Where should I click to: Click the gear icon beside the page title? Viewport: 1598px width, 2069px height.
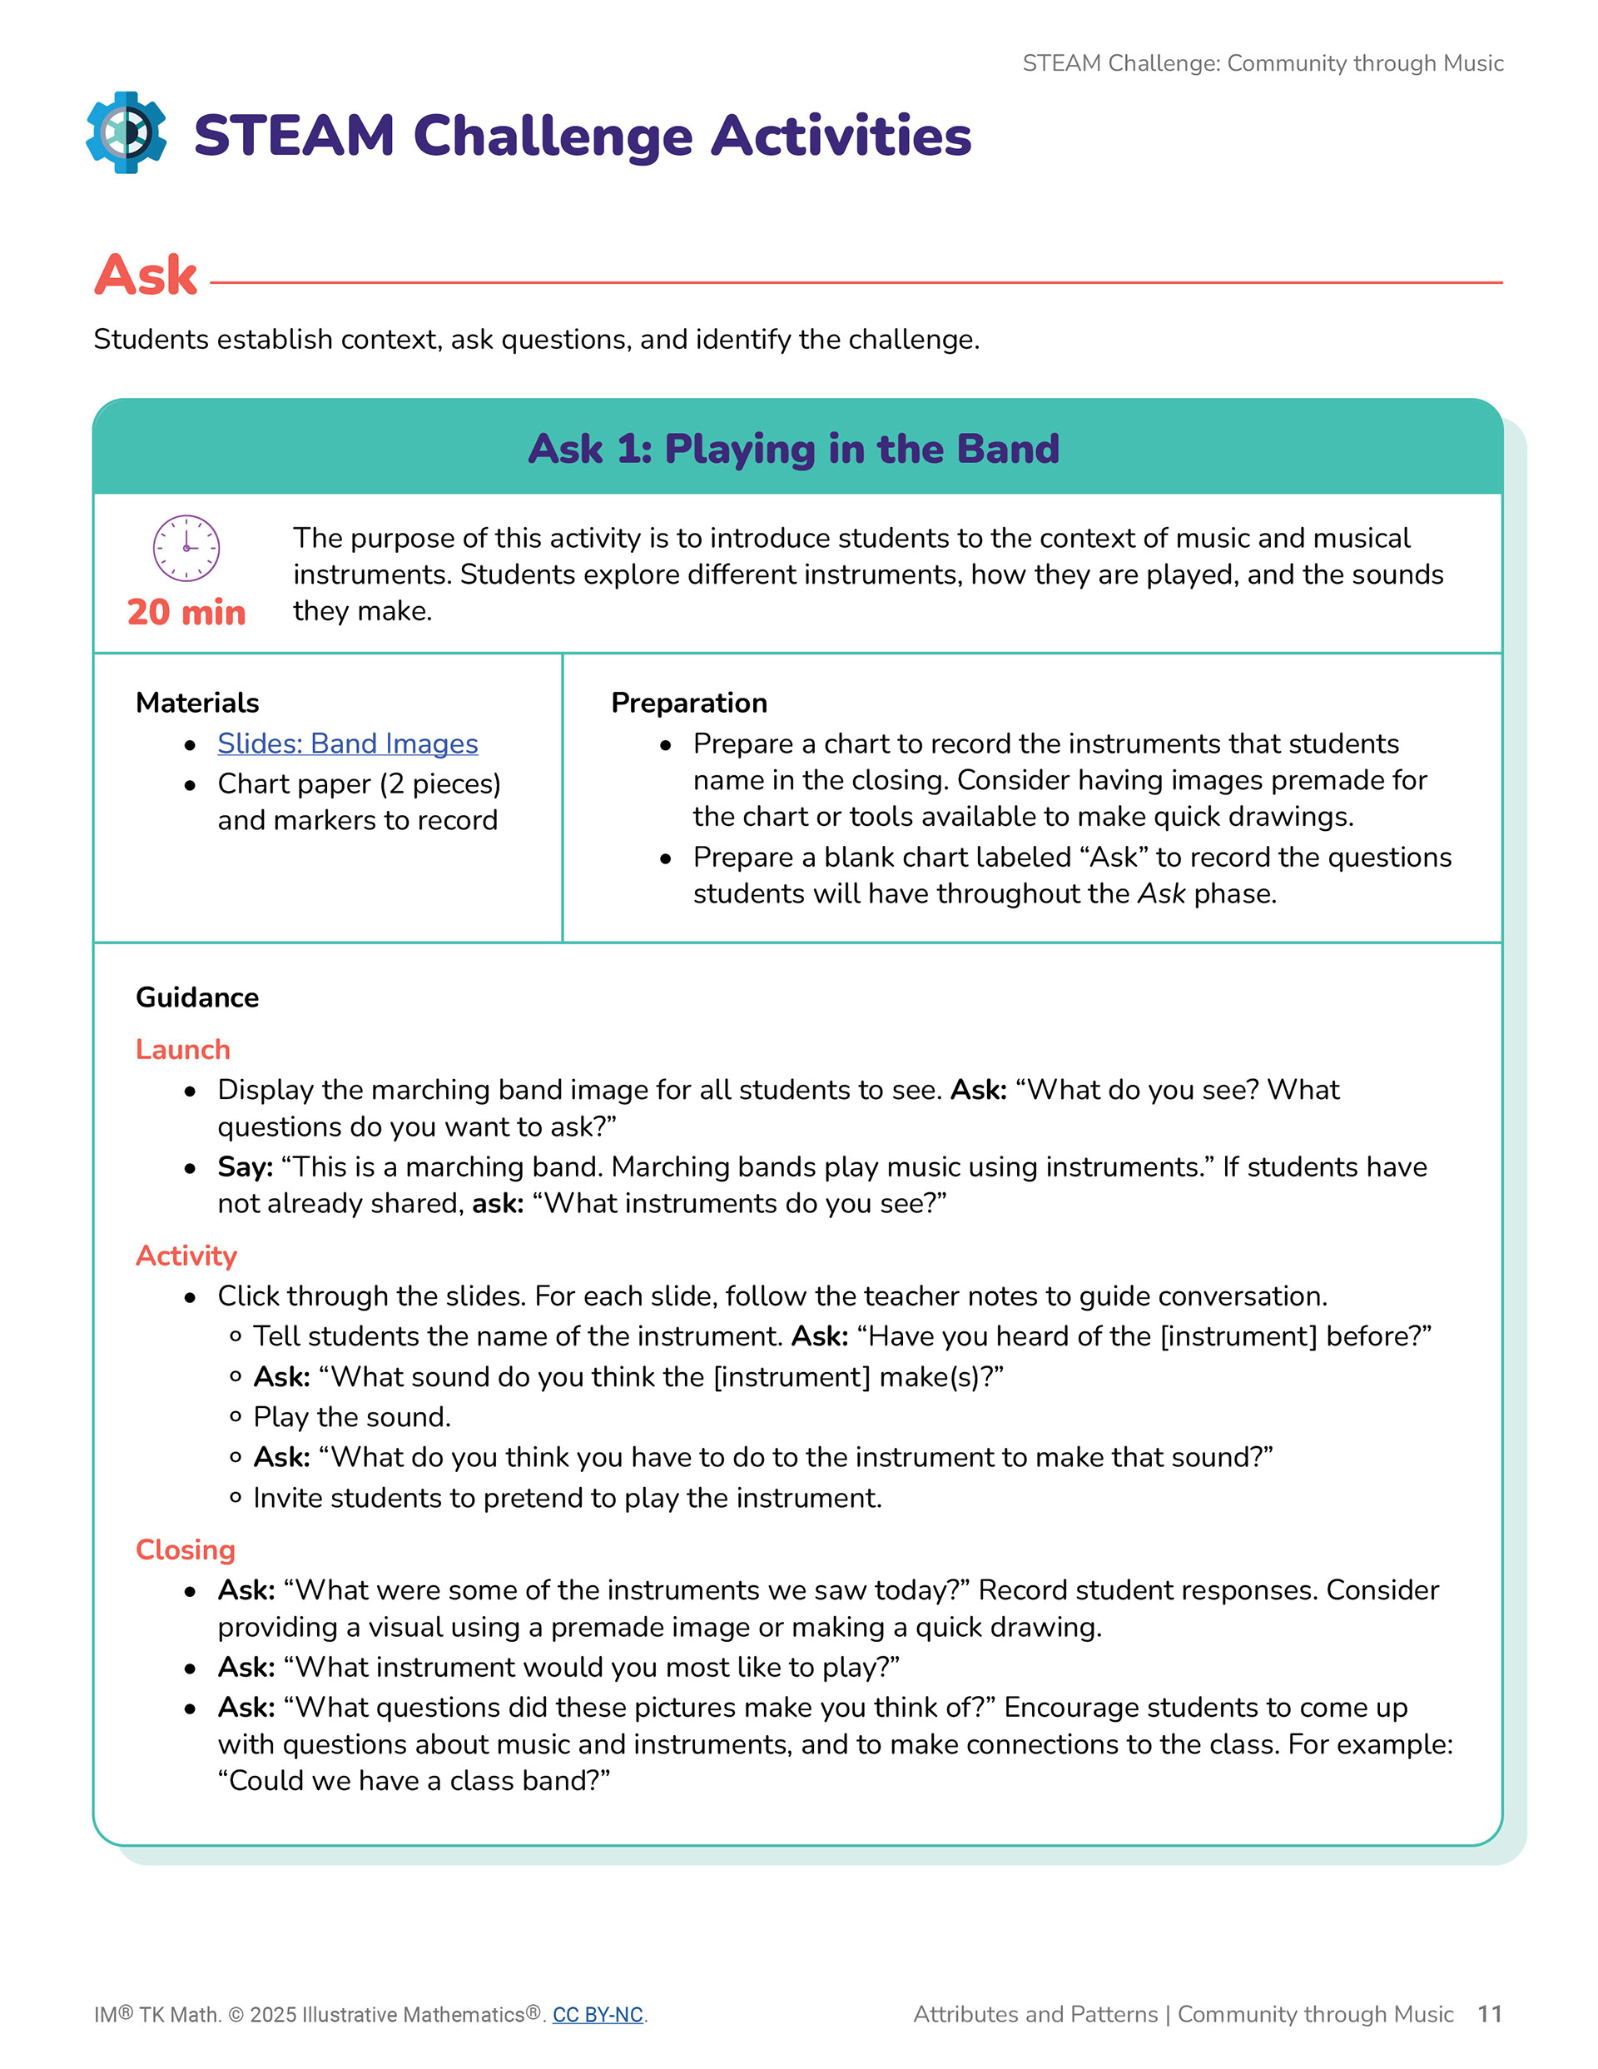(126, 132)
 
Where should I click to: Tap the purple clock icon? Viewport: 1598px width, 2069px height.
(186, 548)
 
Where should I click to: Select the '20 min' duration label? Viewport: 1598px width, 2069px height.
(186, 613)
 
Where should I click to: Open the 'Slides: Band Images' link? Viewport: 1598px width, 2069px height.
(347, 744)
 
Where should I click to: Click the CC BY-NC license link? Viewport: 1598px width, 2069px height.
(597, 2015)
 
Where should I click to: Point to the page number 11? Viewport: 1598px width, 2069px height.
(1489, 2014)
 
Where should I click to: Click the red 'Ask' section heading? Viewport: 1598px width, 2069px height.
(146, 276)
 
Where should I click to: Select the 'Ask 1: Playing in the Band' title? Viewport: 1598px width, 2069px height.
(793, 449)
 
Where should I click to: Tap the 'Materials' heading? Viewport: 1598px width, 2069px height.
(197, 703)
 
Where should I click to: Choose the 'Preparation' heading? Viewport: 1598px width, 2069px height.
(688, 703)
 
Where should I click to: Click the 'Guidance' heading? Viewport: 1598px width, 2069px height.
(197, 997)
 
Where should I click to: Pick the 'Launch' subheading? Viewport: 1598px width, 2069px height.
(183, 1050)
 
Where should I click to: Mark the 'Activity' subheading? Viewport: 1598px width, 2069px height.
(186, 1256)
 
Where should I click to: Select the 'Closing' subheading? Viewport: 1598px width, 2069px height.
(185, 1549)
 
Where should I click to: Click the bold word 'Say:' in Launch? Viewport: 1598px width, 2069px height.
(245, 1167)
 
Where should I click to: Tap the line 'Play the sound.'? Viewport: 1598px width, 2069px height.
(351, 1417)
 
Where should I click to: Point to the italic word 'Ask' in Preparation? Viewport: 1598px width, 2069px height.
(1160, 893)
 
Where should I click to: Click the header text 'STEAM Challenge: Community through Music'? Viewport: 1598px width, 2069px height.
(1262, 63)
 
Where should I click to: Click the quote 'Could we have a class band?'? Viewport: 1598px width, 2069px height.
(414, 1781)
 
